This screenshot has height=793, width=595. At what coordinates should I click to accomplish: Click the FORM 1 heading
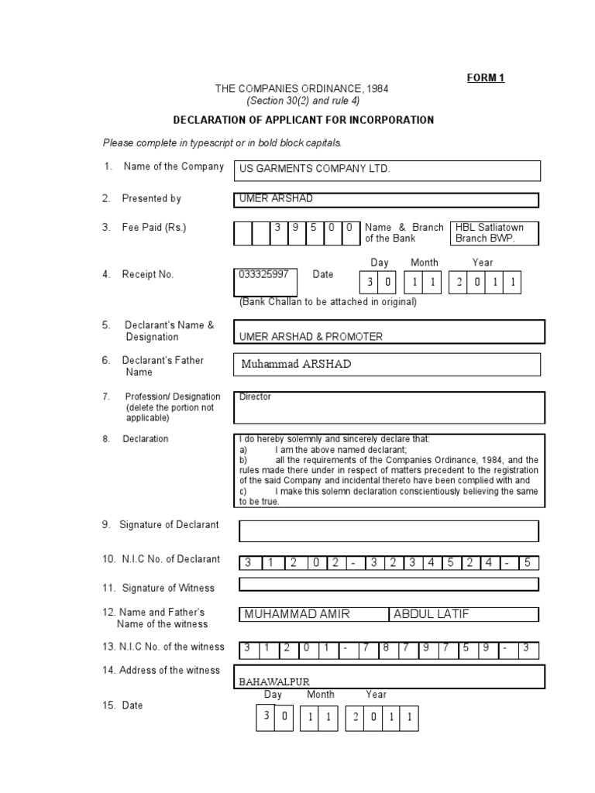(x=485, y=78)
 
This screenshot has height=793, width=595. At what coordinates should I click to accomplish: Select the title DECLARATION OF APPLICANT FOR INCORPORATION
(x=303, y=120)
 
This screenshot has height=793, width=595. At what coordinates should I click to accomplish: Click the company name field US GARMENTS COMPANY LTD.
(x=387, y=170)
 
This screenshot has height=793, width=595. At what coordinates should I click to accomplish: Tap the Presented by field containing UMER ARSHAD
(x=387, y=200)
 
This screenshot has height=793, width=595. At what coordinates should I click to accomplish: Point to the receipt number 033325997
(x=264, y=274)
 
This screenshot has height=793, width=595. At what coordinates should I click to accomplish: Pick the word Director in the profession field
(x=256, y=397)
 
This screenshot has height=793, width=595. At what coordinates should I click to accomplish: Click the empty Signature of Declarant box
(x=388, y=530)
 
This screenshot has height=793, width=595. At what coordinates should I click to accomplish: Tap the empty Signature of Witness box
(x=388, y=584)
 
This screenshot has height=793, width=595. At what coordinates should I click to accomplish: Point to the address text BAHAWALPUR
(x=274, y=681)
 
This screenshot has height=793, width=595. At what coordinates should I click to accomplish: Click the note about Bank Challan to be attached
(x=328, y=302)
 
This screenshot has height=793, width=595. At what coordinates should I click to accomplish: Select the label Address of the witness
(x=169, y=670)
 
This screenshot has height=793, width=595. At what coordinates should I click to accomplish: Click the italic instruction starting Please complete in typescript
(x=222, y=143)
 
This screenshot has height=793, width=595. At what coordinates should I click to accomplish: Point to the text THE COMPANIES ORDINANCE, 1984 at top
(x=302, y=89)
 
